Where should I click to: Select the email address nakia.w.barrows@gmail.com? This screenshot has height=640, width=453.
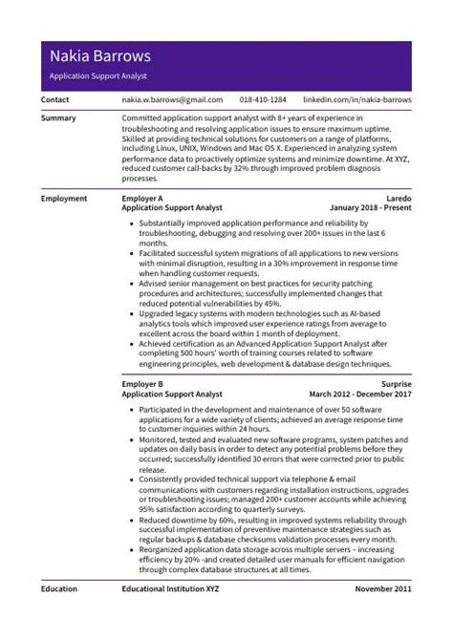click(x=172, y=99)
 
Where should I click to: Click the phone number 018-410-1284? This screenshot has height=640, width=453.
click(x=263, y=99)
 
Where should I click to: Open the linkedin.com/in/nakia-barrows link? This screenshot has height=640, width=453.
click(x=356, y=99)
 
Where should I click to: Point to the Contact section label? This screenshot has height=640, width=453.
click(x=55, y=99)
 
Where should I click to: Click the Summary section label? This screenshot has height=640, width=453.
click(x=59, y=117)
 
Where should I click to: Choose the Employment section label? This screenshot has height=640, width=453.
click(x=64, y=198)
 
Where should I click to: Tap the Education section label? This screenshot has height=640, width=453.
click(x=60, y=589)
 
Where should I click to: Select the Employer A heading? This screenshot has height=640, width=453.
click(x=142, y=198)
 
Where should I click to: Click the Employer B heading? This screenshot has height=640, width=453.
click(x=142, y=384)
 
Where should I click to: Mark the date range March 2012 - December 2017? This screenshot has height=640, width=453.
click(x=359, y=393)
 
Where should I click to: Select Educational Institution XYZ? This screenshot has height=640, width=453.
click(x=170, y=589)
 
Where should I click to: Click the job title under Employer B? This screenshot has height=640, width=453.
click(x=172, y=393)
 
